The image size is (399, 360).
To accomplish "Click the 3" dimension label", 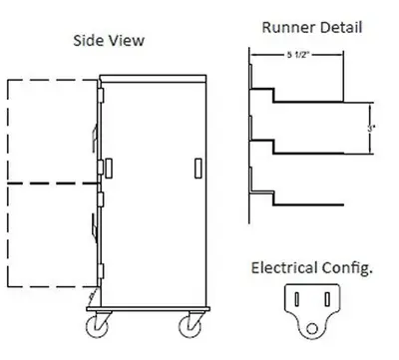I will [372, 127].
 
